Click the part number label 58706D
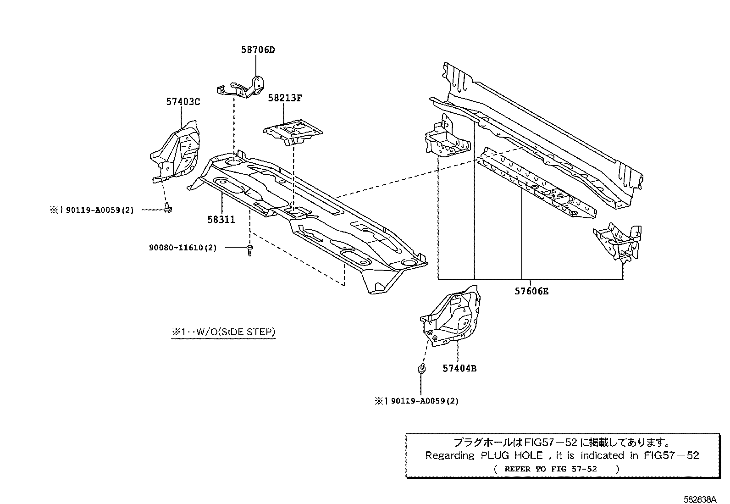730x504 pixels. tap(258, 50)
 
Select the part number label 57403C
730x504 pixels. tap(183, 102)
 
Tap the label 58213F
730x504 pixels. tap(285, 98)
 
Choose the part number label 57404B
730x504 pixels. tap(459, 368)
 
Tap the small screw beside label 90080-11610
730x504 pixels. tap(249, 250)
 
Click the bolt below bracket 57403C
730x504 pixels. tap(167, 209)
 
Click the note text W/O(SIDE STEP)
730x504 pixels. tap(223, 332)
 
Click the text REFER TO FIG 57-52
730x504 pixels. tap(550, 469)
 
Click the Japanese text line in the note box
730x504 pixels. tap(562, 443)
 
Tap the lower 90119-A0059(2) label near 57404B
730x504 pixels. tap(417, 401)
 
